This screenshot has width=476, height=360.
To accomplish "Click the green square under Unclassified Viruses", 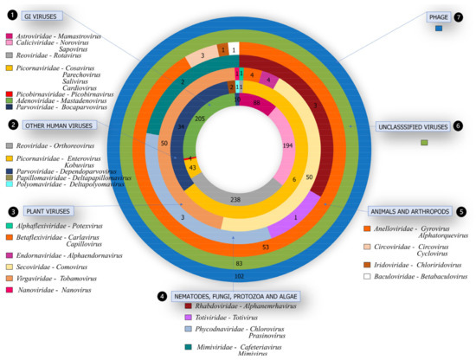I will [x=424, y=142].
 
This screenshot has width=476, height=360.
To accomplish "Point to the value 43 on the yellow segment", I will [x=194, y=167].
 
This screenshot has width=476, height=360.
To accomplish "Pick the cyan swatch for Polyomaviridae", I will [x=10, y=184].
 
